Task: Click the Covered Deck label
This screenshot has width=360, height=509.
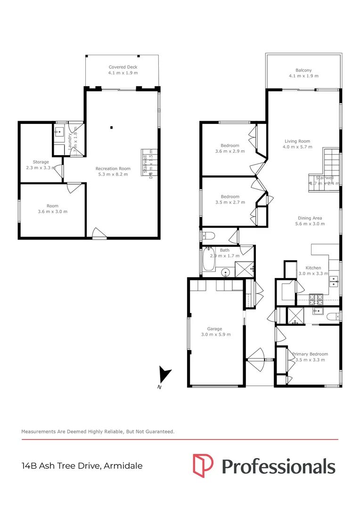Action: (x=123, y=67)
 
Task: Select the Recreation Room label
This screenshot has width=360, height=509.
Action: (x=113, y=168)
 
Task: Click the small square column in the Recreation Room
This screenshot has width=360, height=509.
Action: (x=112, y=127)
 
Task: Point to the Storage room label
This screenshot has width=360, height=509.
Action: (x=41, y=162)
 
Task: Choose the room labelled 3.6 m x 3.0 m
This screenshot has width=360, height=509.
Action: (x=52, y=209)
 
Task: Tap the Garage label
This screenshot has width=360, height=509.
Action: (x=214, y=329)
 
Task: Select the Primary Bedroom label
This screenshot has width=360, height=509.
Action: (x=310, y=354)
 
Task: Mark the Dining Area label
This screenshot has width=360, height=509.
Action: (x=310, y=218)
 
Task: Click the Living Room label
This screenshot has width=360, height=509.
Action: (x=297, y=141)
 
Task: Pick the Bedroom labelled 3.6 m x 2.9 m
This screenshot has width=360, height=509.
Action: (x=230, y=148)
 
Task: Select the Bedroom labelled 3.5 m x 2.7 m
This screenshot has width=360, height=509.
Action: (x=230, y=199)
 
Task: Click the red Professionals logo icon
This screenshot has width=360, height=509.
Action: (x=203, y=466)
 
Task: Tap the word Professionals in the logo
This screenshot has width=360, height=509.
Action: (x=278, y=467)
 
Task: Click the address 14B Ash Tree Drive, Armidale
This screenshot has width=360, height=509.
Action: (x=82, y=466)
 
